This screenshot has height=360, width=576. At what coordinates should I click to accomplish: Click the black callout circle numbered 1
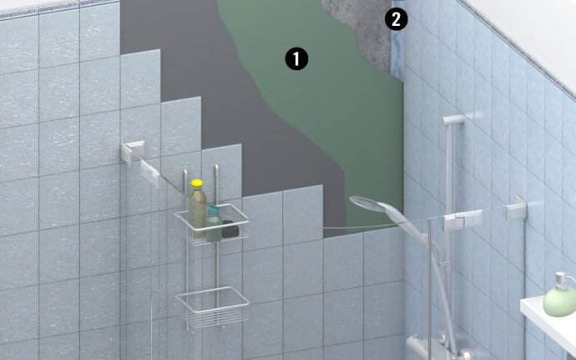click(296, 59)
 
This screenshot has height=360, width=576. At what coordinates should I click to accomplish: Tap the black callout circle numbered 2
click(396, 19)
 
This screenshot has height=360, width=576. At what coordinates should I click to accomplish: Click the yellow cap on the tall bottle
click(197, 183)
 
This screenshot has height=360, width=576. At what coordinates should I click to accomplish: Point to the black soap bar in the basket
click(230, 229)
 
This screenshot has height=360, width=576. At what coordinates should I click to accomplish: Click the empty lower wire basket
click(213, 307)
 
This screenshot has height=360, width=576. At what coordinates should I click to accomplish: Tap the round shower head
click(365, 203)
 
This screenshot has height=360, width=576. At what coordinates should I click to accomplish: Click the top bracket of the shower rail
click(453, 120)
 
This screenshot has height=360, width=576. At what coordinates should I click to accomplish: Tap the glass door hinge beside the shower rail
click(462, 220)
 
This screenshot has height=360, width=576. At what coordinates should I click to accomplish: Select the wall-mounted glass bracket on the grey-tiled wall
click(133, 152)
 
